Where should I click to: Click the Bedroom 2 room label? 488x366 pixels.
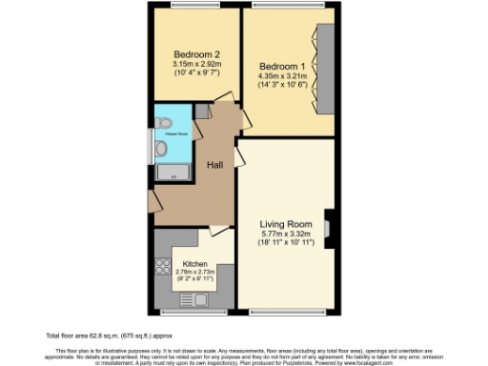197,53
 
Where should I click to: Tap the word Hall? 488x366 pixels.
216,165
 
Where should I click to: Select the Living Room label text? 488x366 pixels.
286,225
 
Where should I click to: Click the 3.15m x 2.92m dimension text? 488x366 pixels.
197,64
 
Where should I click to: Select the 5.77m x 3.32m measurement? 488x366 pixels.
286,234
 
